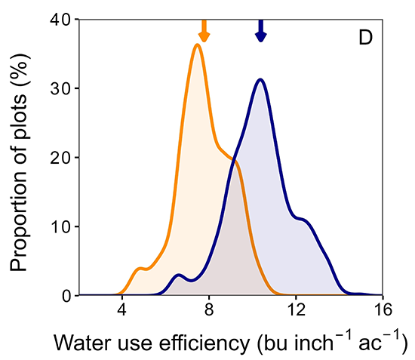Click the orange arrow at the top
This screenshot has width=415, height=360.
click(203, 30)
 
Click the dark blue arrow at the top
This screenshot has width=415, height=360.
click(260, 30)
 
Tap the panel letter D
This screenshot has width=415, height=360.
click(364, 37)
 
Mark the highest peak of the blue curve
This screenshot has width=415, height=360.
click(260, 79)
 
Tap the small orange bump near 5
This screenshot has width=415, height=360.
click(139, 268)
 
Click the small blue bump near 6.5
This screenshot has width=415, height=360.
click(178, 275)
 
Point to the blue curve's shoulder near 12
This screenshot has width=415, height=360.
click(303, 220)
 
